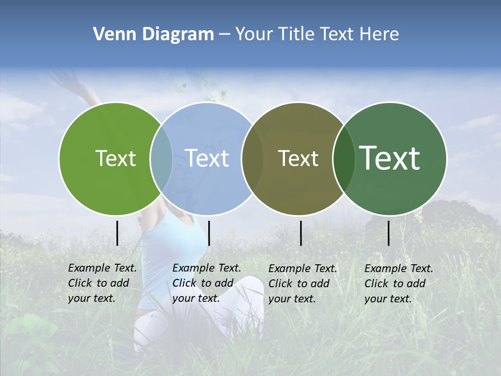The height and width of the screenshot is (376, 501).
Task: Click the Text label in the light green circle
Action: [x=115, y=158]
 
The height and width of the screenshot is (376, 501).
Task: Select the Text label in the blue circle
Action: [x=207, y=158]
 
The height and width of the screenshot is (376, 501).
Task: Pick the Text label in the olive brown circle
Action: [x=298, y=158]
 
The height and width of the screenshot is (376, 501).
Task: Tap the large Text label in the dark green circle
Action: [x=390, y=158]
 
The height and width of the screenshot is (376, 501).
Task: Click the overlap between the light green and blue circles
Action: [x=161, y=158]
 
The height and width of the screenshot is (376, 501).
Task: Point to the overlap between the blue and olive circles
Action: [x=253, y=158]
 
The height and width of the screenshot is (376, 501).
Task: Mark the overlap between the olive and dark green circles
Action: [x=344, y=158]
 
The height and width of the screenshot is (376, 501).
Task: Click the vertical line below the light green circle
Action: [x=117, y=233]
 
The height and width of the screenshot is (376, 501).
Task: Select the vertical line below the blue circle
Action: [x=209, y=233]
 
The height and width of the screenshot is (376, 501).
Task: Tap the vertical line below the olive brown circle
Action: [x=301, y=233]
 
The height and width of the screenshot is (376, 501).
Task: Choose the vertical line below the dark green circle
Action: [x=389, y=233]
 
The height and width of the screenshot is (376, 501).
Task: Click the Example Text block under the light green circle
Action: [x=102, y=283]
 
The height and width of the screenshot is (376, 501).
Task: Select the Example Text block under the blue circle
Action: [x=206, y=283]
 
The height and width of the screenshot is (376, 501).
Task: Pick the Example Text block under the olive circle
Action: [x=302, y=284]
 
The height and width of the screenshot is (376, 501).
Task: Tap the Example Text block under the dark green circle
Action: [x=398, y=284]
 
